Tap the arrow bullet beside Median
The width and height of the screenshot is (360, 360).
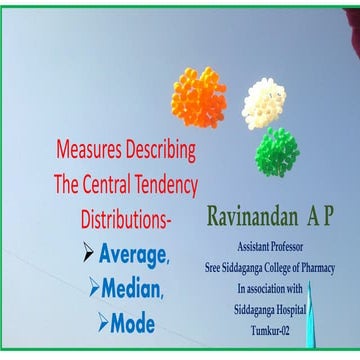tap(95, 287)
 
